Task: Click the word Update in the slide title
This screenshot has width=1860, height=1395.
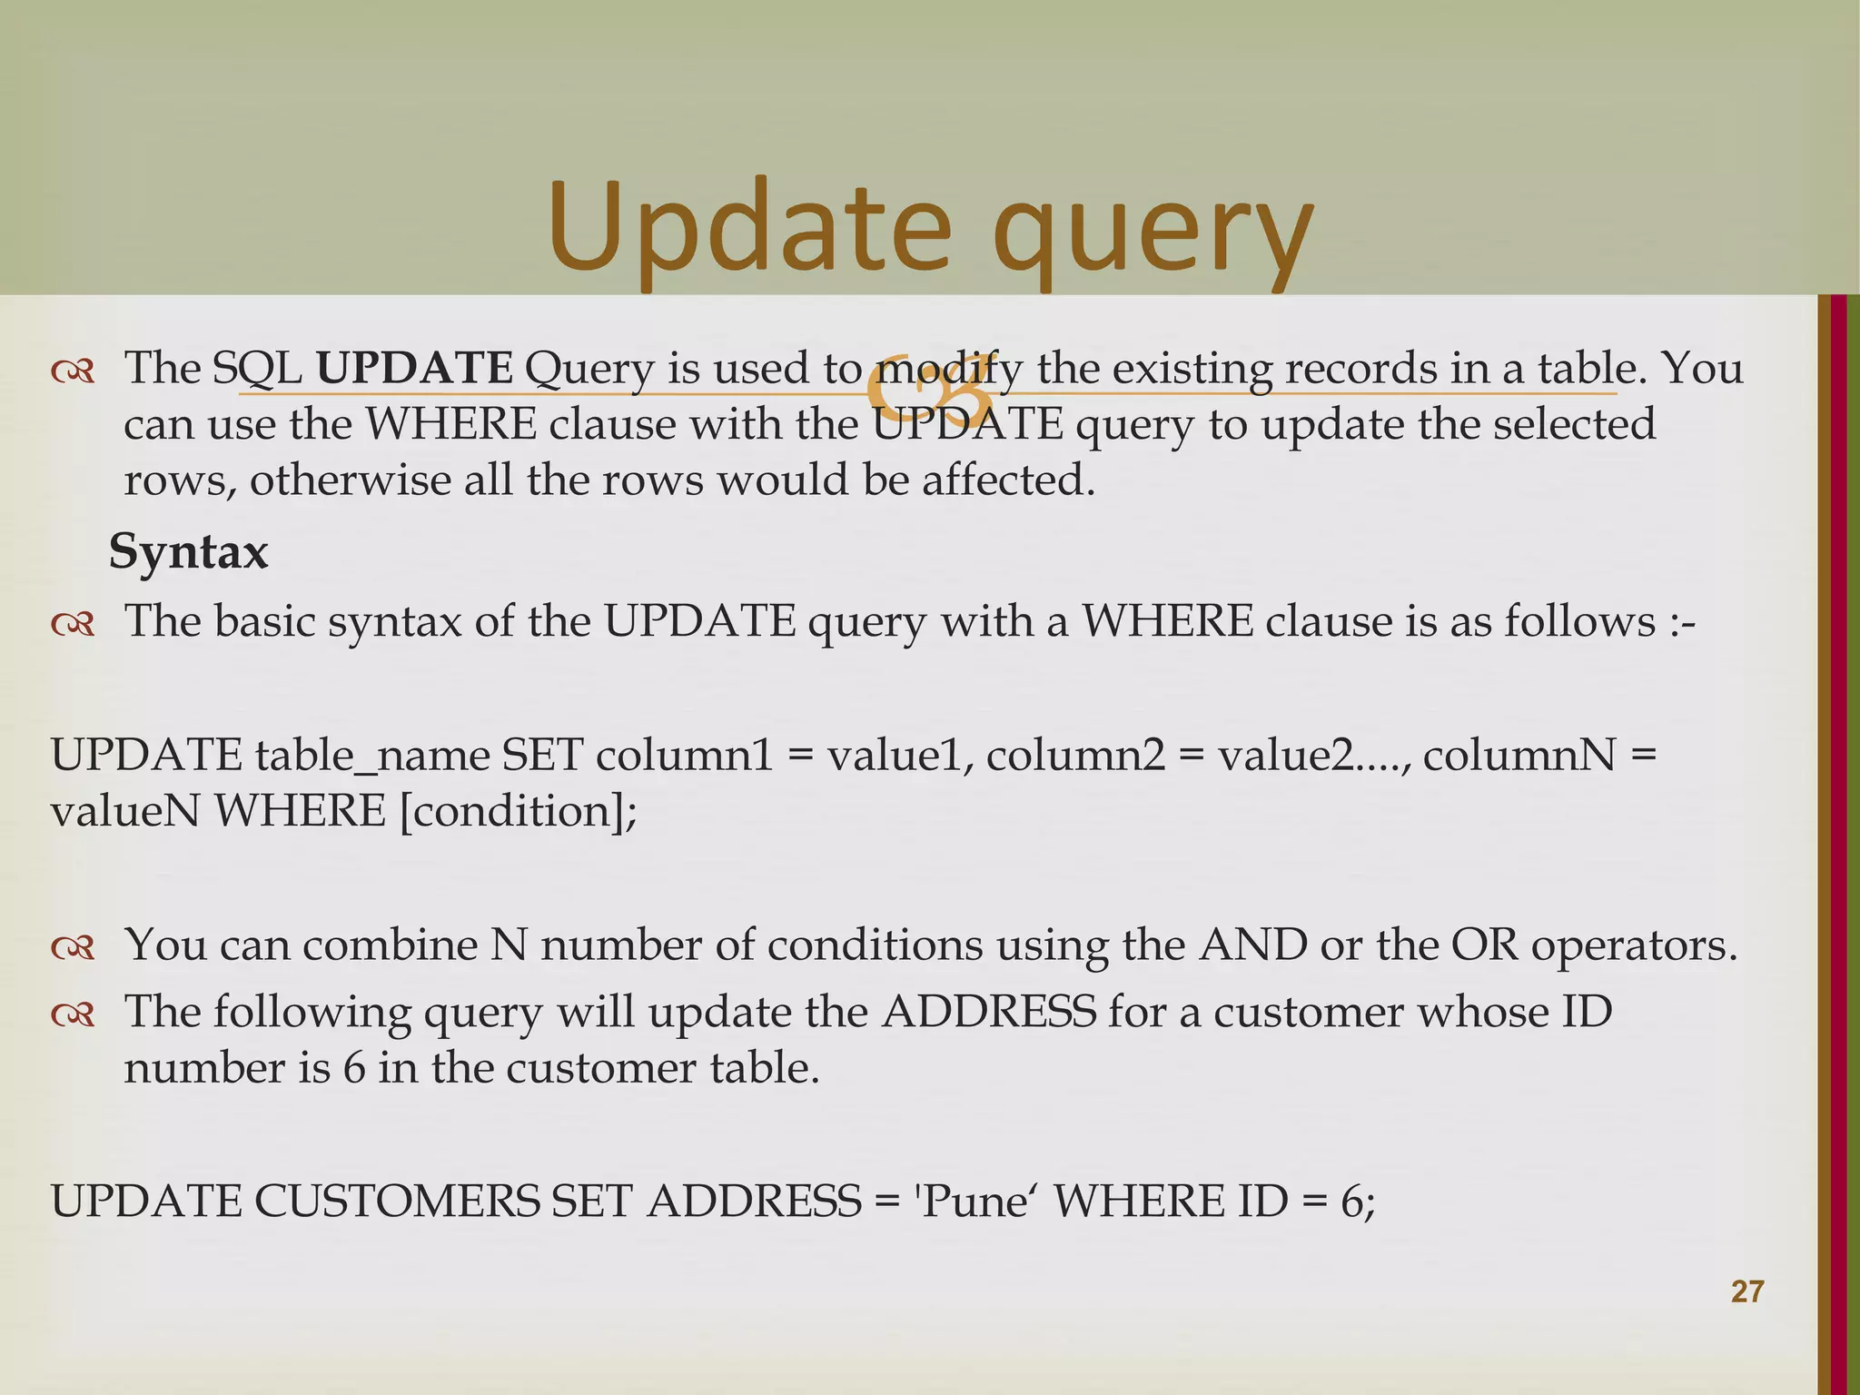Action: [749, 227]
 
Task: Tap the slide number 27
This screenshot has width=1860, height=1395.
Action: [1747, 1291]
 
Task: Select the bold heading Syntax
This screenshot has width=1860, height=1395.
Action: [189, 551]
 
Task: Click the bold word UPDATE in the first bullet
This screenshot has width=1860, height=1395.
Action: [414, 368]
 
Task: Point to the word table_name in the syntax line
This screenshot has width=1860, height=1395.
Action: [372, 756]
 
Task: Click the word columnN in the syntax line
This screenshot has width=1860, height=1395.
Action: [1519, 756]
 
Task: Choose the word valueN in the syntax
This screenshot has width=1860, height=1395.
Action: [124, 811]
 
